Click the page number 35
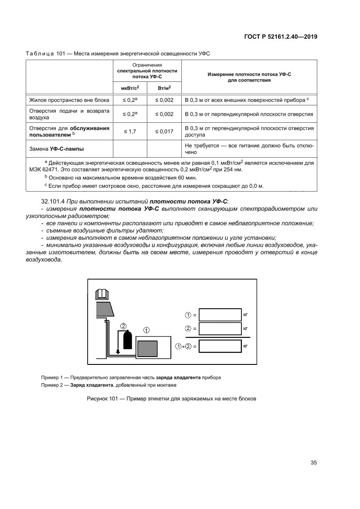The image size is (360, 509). coord(313,463)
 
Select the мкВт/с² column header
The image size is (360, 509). coord(130,88)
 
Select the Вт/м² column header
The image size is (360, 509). coord(164,88)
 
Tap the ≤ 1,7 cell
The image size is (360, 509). coord(130,131)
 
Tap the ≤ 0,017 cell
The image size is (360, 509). coord(164,131)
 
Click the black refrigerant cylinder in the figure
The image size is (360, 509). coord(127,340)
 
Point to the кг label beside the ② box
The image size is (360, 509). coord(245,329)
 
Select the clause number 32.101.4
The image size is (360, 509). coord(53,201)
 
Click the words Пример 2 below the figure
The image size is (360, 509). coord(51,385)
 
